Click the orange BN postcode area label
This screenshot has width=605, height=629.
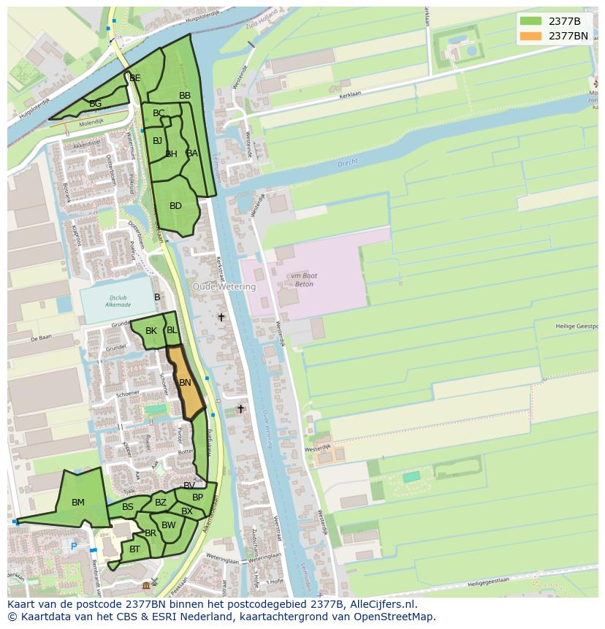point(185,383)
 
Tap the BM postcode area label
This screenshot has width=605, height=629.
point(78,503)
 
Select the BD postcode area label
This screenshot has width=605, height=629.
point(175,206)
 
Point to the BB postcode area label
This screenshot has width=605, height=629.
point(185,96)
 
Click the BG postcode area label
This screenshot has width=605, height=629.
point(95,104)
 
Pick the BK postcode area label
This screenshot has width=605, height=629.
point(151,331)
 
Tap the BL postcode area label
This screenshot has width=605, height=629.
point(172,330)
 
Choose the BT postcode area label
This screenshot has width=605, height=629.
point(134,549)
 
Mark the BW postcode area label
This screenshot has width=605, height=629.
point(169,525)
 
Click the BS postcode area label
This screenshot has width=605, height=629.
point(128,507)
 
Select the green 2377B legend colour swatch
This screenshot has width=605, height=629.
point(530,20)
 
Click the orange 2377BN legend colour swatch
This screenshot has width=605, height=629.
point(530,35)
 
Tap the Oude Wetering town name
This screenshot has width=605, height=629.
point(224,287)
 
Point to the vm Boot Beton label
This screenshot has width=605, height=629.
point(302,279)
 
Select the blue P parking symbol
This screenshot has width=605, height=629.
point(73,546)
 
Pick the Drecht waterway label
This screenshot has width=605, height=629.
point(348,164)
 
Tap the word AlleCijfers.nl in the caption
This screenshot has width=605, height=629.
point(380,604)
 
